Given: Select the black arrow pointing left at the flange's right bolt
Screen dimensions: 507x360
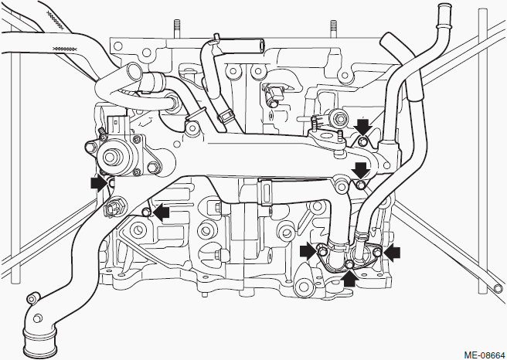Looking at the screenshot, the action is (392, 252).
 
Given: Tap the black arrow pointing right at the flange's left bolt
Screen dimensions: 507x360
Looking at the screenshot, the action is (308, 251).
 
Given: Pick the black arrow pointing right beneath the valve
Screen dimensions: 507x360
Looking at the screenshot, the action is (99, 184).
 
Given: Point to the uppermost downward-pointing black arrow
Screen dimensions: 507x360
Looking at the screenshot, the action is (362, 127).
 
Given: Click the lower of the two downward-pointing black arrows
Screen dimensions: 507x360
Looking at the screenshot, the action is (361, 171).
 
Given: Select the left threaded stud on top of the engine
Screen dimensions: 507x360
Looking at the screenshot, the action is (176, 29).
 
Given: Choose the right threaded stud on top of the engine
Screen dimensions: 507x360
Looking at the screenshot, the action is (333, 29).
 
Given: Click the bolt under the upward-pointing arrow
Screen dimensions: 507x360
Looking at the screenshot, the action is (349, 265).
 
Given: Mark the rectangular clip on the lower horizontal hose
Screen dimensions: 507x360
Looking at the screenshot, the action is (264, 192).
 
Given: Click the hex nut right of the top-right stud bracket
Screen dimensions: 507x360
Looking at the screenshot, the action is (339, 118).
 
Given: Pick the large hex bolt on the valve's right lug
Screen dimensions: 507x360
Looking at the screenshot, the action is (152, 167).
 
